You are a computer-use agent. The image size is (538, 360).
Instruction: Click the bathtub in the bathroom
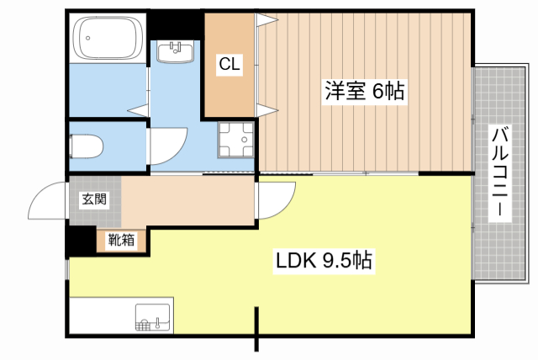tap(110, 39)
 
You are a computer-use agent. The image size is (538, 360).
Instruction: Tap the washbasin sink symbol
tap(176, 52)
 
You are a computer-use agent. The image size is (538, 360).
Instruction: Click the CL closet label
tap(230, 64)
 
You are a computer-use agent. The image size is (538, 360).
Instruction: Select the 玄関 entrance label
tap(93, 199)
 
